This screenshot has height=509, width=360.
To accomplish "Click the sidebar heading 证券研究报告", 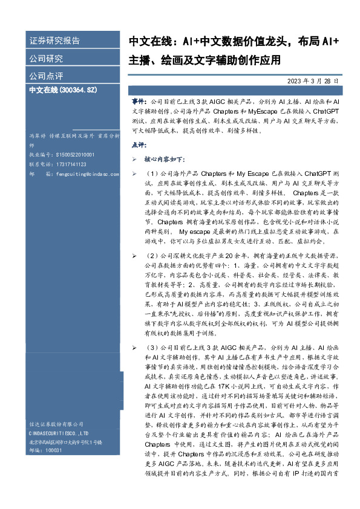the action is tap(54, 41).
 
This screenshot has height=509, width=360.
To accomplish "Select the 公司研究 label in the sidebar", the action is tap(46, 59).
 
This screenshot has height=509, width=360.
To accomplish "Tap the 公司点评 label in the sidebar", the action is tap(46, 77).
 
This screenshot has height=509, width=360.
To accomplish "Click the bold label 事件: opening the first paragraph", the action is tap(139, 103).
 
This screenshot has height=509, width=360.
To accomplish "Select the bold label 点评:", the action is tap(139, 145).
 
